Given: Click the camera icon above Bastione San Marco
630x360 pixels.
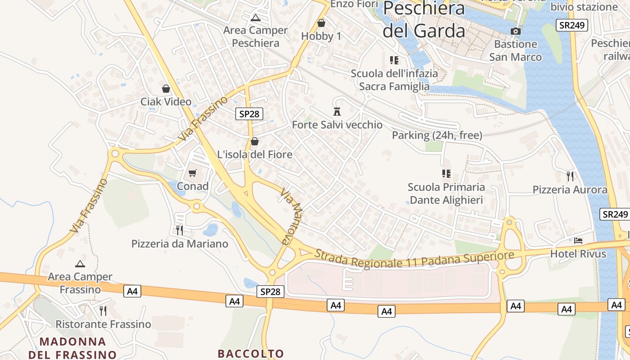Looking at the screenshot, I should click(x=516, y=31).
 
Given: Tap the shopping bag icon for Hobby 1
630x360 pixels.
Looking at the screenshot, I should click(x=321, y=23).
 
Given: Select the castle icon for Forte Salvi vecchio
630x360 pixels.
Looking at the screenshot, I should click(x=337, y=111).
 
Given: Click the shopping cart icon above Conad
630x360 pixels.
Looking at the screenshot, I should click(x=193, y=173).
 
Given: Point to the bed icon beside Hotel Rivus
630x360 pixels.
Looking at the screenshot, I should click(x=578, y=241).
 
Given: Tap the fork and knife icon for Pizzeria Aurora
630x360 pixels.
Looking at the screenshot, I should click(x=570, y=176).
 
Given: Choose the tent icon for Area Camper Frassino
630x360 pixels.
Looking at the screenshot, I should click(x=80, y=264).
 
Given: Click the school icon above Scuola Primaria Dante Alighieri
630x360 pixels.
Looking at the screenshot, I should click(x=446, y=173).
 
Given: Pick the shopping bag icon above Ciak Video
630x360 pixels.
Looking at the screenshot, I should click(x=166, y=89).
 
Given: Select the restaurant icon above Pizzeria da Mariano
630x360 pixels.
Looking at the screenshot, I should click(x=180, y=230).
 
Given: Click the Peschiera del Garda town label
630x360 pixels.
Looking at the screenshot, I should click(x=423, y=20).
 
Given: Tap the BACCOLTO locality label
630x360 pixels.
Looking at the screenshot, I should click(x=251, y=353).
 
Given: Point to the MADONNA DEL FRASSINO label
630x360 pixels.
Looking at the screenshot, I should click(x=72, y=348).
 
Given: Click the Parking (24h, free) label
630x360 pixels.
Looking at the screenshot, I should click(x=437, y=135).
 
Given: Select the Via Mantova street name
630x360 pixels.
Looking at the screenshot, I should click(x=291, y=216).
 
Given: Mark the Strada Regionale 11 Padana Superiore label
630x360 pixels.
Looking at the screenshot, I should click(x=414, y=259).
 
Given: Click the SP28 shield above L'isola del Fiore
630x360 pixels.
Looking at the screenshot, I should click(x=249, y=114).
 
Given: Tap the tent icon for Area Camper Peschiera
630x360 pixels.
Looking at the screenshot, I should click(x=256, y=18).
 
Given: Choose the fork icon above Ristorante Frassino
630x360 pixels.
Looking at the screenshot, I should click(x=103, y=310).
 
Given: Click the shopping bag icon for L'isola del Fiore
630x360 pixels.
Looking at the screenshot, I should click(x=255, y=141).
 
